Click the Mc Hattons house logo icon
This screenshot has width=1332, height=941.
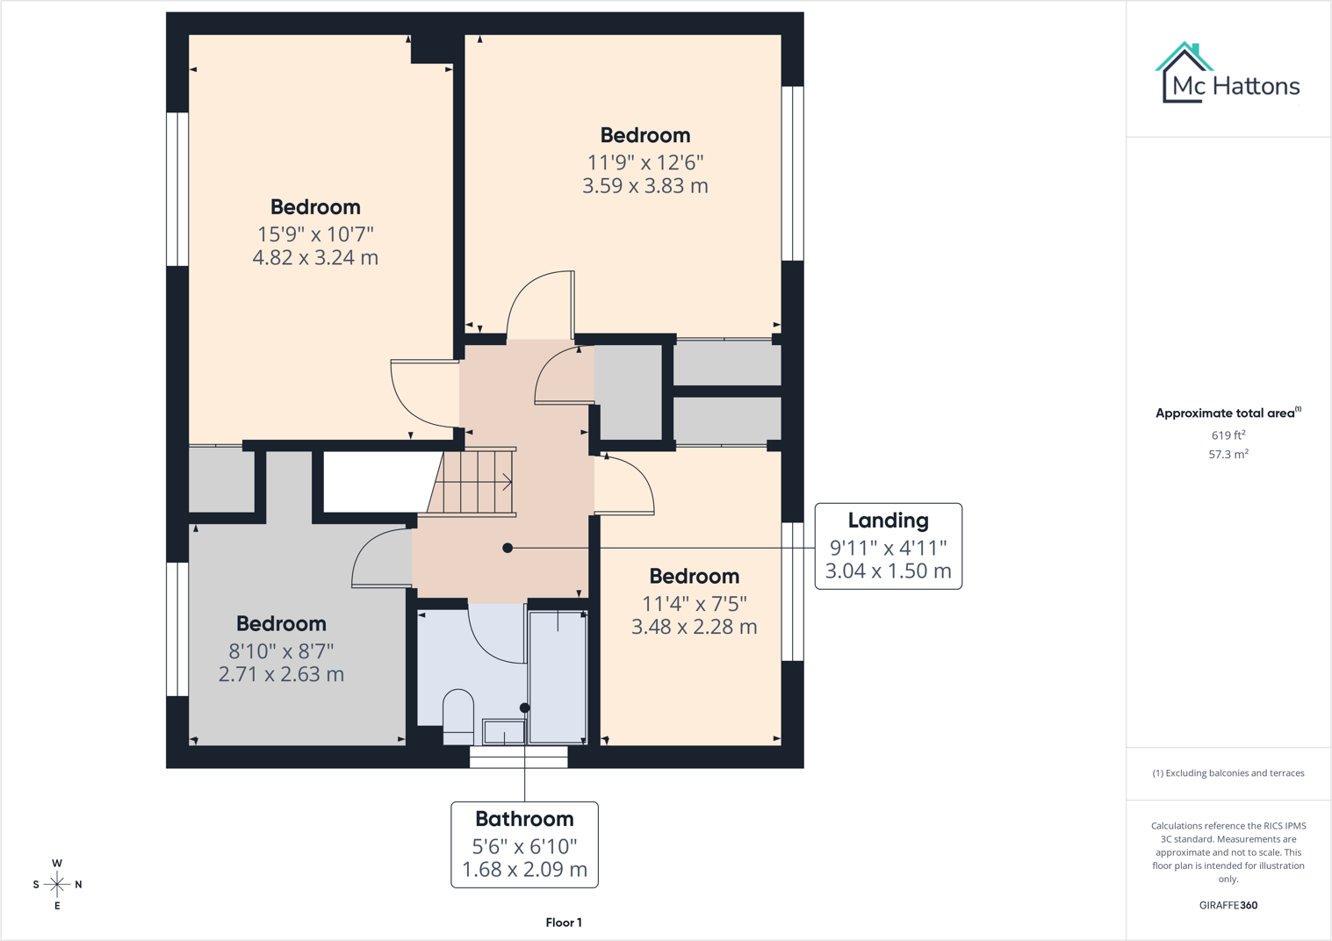pos(1184,73)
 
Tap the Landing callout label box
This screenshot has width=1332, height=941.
pos(889,546)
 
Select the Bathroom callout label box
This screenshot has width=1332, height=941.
pos(524,844)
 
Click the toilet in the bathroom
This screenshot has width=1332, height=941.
pos(458,716)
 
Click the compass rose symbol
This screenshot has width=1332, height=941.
pos(57,885)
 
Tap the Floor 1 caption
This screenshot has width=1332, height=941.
pos(564,922)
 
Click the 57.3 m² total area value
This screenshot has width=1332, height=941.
pos(1228,454)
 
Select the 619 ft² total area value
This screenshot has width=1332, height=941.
pos(1228,435)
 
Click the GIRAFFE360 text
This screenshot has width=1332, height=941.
pos(1228,905)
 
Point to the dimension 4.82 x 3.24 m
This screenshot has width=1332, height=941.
pos(315,257)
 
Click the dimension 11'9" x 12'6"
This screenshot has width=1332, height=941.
pos(645,162)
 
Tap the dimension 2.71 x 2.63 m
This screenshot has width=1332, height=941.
pos(281,674)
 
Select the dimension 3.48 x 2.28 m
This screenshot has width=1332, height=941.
pos(694,627)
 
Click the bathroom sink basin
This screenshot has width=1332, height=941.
pos(504,732)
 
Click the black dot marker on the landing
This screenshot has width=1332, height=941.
pos(508,548)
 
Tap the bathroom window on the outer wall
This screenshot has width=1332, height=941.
pos(519,757)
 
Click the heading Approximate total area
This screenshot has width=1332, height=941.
pos(1228,413)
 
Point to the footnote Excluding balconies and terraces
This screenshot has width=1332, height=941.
pos(1228,772)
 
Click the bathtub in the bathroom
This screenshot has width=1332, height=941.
pos(558,677)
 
